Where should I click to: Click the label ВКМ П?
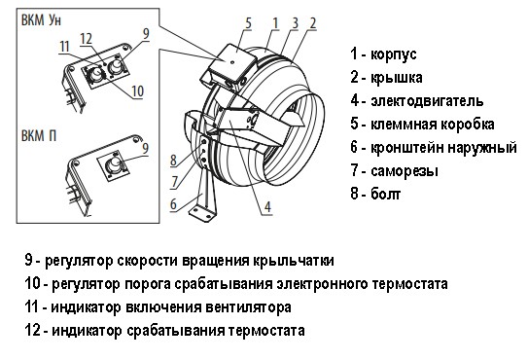point(30,133)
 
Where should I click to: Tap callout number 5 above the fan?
point(249,21)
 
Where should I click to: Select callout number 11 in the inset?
point(63,46)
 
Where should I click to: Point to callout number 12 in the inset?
point(86,39)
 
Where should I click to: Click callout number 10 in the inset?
point(137,90)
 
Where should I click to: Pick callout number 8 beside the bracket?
point(173,161)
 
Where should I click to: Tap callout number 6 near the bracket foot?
point(173,203)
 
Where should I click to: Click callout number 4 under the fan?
point(265,205)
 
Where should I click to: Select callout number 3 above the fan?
point(296,21)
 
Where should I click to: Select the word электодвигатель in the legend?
point(427,100)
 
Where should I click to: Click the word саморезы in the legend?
point(409,171)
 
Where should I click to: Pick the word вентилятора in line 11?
point(250,307)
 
